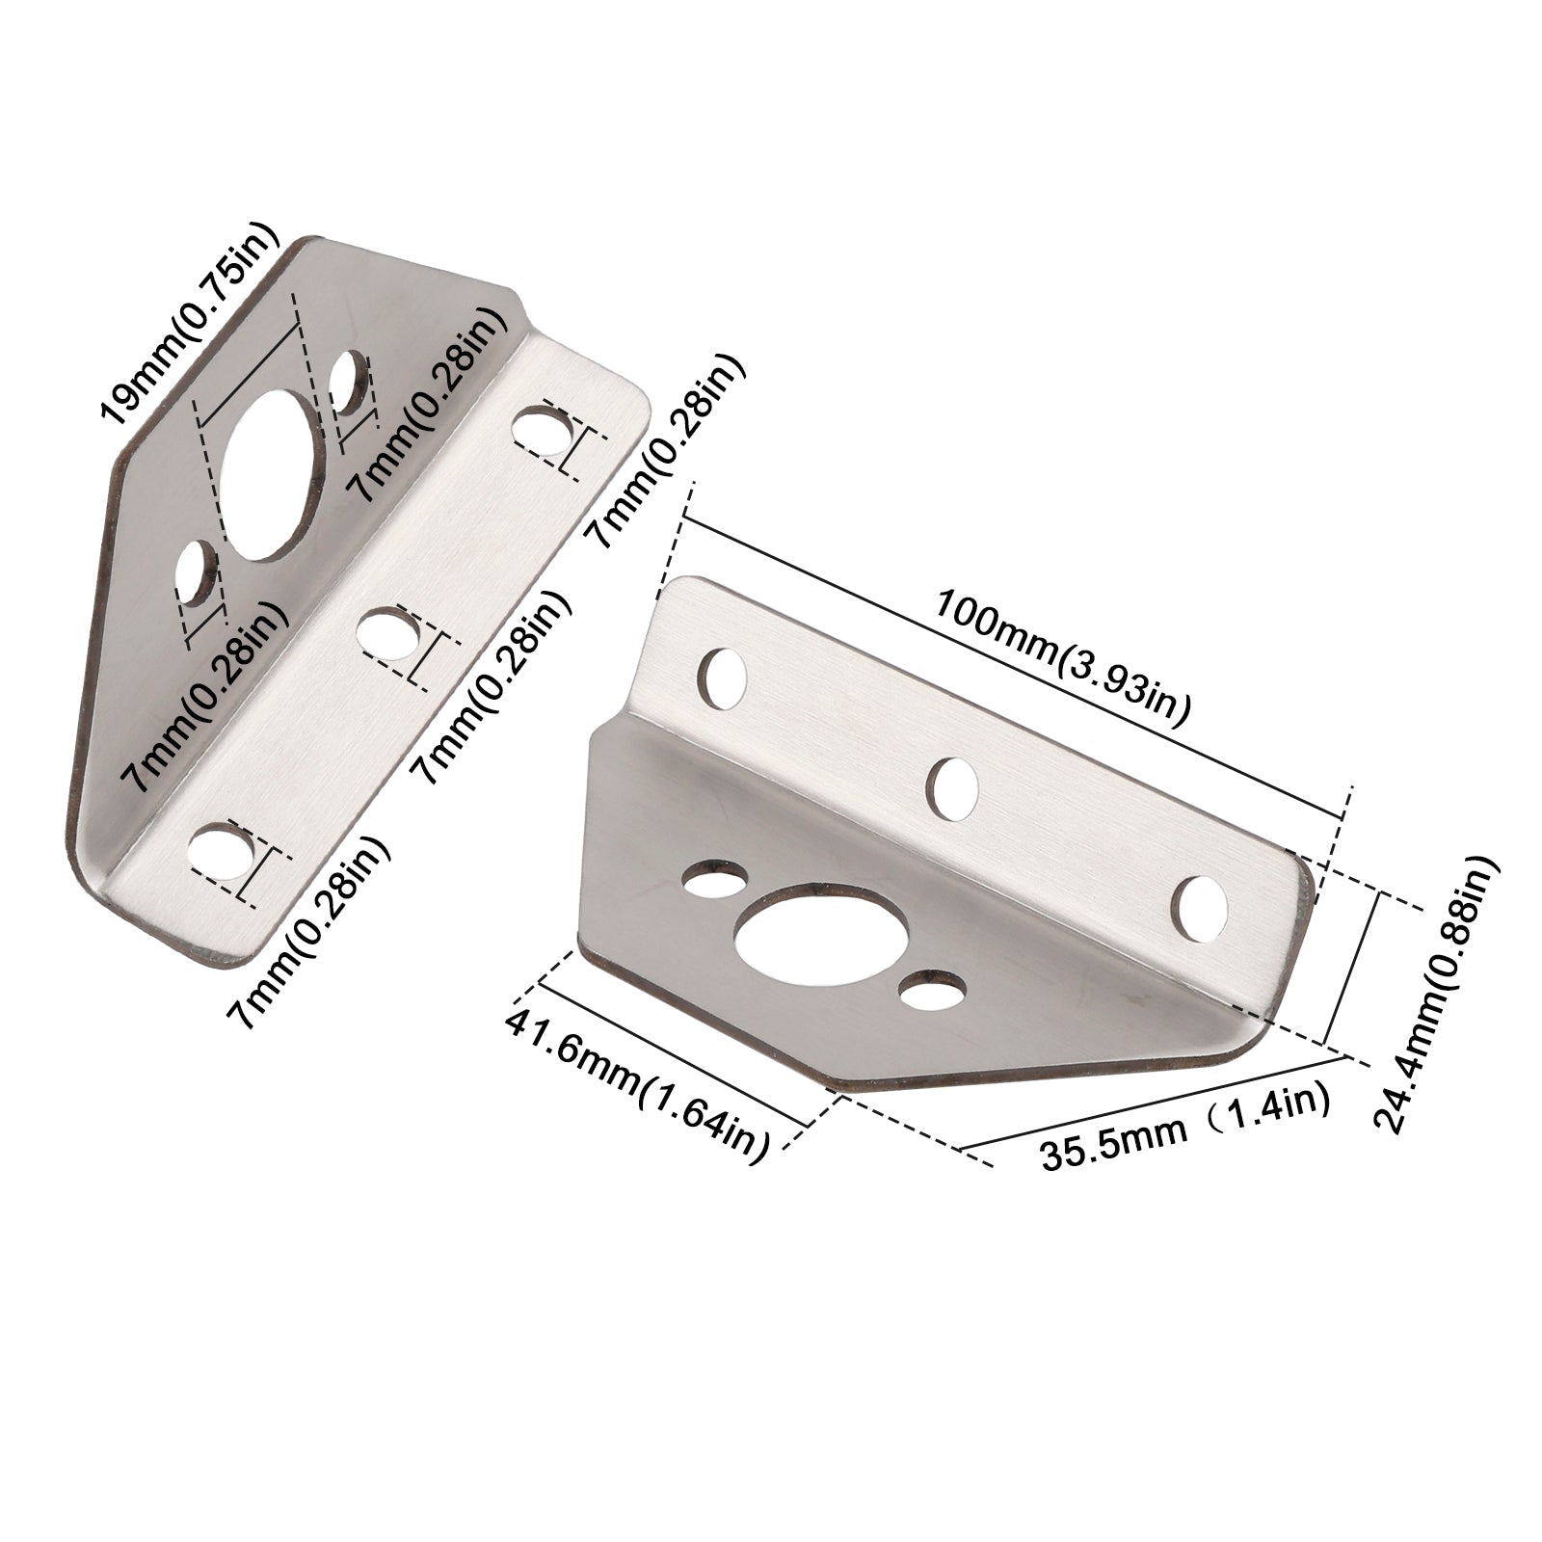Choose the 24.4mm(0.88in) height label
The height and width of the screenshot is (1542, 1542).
[x=1437, y=994]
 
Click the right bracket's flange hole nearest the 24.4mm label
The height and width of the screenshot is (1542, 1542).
[x=1203, y=906]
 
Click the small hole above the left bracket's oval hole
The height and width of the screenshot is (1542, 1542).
[x=349, y=382]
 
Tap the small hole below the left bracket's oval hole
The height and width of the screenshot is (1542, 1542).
[x=199, y=574]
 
